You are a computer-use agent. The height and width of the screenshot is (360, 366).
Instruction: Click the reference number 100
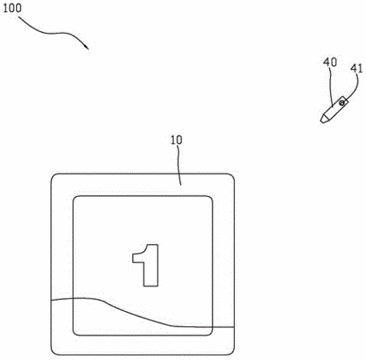point(12,8)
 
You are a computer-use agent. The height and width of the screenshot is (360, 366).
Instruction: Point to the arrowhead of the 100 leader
point(87,47)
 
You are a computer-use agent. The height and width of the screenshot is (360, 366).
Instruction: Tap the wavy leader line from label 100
point(54,33)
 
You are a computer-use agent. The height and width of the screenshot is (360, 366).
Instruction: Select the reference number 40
point(330,62)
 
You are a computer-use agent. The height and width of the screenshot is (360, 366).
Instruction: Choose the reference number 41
point(356,69)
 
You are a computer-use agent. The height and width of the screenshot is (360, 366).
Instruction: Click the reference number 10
point(176,140)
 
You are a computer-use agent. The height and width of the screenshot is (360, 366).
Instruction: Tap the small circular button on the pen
point(342,102)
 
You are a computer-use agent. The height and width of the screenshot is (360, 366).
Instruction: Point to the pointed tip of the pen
point(322,122)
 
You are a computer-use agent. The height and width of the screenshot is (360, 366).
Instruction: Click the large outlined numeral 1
point(146,265)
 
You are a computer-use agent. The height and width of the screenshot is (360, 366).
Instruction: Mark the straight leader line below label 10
point(179,165)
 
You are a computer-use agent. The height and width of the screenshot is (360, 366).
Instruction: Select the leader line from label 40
point(331,86)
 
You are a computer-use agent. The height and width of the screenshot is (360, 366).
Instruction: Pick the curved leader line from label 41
point(354,89)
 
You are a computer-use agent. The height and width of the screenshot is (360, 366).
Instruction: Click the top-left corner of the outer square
point(51,174)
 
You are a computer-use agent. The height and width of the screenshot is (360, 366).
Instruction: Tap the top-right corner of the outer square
point(234,174)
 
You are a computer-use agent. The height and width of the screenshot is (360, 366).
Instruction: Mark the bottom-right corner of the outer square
point(234,354)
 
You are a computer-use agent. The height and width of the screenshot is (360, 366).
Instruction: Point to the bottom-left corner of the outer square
point(51,354)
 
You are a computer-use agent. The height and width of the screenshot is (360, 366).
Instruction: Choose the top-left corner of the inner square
point(74,197)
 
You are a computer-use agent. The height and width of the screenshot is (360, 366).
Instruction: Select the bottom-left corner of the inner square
point(74,335)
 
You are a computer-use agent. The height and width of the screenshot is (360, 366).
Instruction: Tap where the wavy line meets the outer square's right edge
point(234,327)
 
